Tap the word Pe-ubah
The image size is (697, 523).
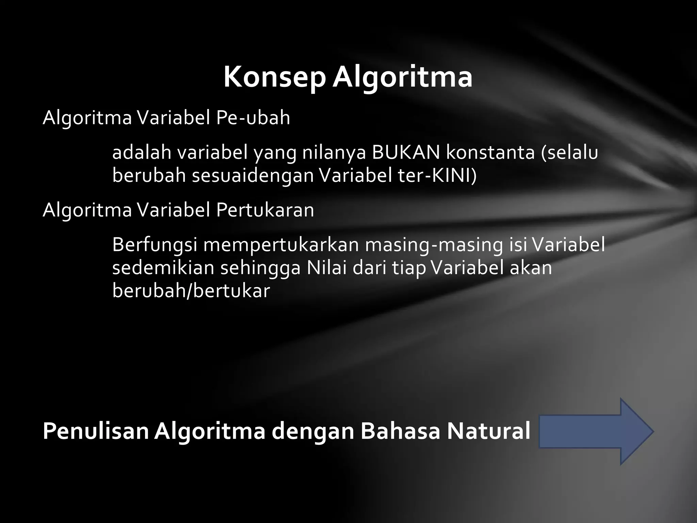tap(253, 118)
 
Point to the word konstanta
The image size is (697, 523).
tap(490, 153)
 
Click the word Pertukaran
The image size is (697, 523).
tap(265, 210)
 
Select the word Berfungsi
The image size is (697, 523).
tap(155, 244)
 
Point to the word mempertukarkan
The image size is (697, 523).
tap(281, 244)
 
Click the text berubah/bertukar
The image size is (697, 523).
tap(191, 291)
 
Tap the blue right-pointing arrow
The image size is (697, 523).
tap(596, 431)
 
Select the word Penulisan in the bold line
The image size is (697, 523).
tap(96, 431)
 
